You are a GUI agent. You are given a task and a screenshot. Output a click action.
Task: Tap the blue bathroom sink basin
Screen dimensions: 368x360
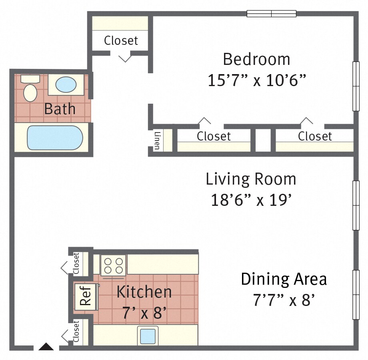66,84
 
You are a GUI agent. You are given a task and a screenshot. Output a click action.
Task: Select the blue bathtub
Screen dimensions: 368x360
55,138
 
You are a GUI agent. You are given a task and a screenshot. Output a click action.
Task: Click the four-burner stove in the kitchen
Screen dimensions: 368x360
113,265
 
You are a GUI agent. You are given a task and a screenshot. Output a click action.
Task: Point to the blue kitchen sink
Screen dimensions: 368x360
148,336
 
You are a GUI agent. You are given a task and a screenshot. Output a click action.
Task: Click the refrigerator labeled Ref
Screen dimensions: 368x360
86,297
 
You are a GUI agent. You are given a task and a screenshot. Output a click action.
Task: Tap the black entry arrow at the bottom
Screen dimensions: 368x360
46,347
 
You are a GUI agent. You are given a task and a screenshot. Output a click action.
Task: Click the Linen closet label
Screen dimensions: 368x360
157,141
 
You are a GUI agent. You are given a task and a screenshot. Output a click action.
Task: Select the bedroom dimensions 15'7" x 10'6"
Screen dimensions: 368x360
257,80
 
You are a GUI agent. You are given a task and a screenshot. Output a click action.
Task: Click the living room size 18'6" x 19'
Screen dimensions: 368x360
251,200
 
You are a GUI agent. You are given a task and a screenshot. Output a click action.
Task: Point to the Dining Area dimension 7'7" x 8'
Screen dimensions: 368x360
284,300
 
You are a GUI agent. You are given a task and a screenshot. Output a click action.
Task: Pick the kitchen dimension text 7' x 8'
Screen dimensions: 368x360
144,313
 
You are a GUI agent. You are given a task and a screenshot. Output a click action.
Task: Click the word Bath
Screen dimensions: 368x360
60,109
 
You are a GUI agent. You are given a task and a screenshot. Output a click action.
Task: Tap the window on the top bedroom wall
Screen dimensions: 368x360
272,14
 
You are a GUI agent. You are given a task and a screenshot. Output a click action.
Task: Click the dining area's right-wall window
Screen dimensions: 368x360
356,295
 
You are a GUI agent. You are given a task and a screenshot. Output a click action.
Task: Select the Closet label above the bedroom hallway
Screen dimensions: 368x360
121,40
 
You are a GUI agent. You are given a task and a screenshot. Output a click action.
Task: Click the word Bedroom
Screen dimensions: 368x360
256,59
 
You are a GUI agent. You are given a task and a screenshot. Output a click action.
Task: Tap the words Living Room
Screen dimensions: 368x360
251,179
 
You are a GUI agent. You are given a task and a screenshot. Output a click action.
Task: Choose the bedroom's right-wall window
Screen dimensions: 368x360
356,86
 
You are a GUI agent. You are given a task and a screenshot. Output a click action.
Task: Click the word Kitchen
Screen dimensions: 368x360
144,292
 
